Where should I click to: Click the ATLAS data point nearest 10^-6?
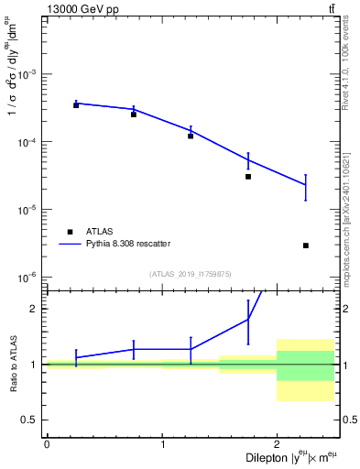(x=306, y=245)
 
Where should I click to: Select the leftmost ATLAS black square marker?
(x=76, y=105)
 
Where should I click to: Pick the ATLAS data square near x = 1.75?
(x=248, y=177)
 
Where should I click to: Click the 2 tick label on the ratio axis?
(x=34, y=309)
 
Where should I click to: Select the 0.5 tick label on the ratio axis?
(x=30, y=420)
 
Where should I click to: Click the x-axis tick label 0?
(x=47, y=444)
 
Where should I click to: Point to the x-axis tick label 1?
(x=162, y=444)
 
